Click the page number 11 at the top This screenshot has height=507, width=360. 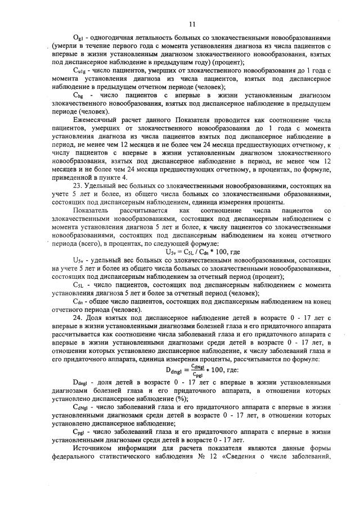click(x=191, y=24)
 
